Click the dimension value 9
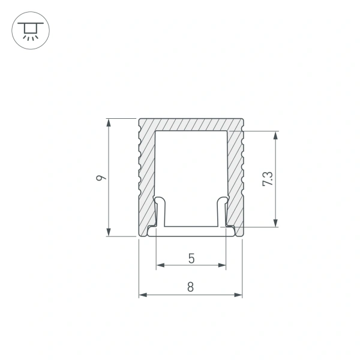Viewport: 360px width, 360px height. (103, 178)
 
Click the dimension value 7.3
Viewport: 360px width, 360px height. (268, 179)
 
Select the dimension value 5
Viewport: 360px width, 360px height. (191, 259)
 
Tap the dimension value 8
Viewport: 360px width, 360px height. (190, 287)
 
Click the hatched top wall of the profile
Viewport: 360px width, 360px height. (191, 125)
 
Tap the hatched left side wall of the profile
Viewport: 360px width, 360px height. (147, 174)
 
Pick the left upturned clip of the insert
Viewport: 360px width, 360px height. (159, 210)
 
